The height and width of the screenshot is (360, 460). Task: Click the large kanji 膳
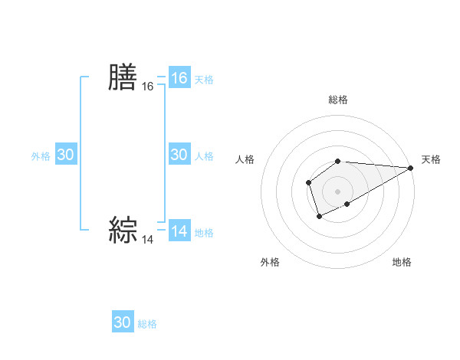(123, 78)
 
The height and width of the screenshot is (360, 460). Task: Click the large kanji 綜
(123, 230)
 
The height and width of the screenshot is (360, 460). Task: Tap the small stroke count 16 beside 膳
(148, 87)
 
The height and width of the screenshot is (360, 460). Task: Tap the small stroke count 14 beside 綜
(148, 240)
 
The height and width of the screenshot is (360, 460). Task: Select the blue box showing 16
(179, 78)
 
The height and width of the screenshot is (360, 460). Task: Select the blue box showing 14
(179, 231)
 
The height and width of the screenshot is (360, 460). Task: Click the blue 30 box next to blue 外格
(66, 155)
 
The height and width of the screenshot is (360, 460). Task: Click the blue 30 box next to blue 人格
(179, 155)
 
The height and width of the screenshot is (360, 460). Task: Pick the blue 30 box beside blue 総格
(123, 322)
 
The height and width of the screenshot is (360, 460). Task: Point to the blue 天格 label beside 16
(204, 80)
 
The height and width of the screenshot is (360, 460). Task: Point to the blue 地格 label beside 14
(204, 233)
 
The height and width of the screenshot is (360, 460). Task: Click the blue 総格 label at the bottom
(147, 324)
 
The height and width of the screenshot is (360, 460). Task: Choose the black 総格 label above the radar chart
(338, 100)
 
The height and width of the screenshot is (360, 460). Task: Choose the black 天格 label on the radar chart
(431, 159)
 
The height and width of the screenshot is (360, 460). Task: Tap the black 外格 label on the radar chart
(270, 262)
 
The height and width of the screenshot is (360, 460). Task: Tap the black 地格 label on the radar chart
(402, 262)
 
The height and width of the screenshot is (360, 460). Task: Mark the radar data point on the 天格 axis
(411, 168)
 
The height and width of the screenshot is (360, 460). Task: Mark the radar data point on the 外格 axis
(319, 217)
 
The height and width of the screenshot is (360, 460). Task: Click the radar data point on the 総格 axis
(338, 161)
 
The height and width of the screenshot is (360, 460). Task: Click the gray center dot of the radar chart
(338, 191)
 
